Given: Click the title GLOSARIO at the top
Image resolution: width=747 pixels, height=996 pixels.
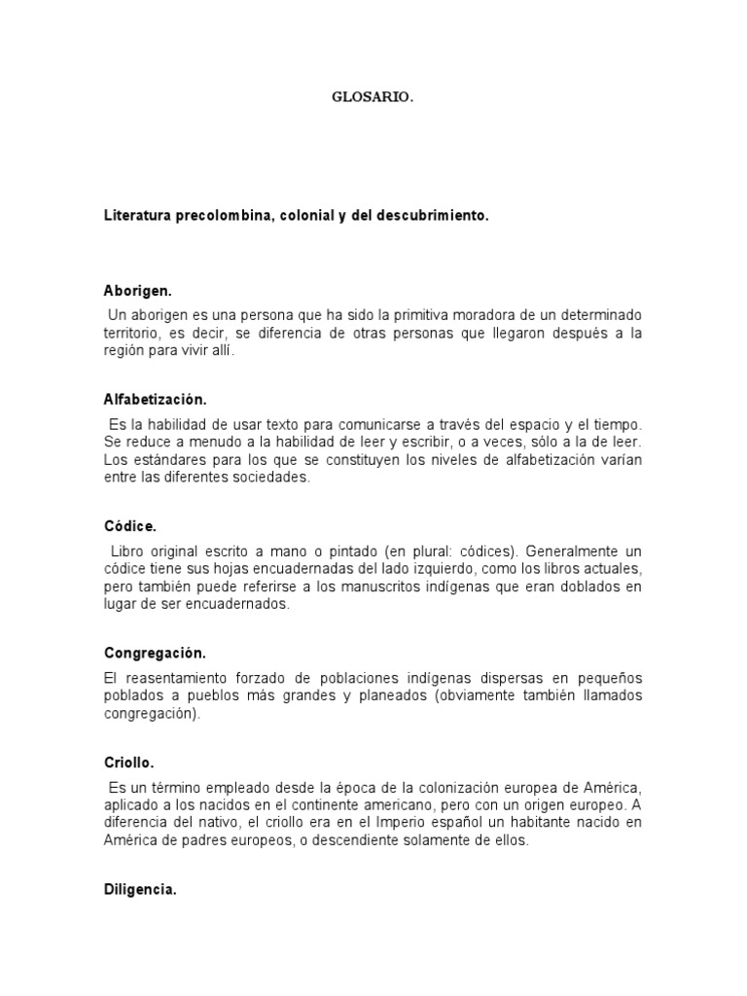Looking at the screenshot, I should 373,97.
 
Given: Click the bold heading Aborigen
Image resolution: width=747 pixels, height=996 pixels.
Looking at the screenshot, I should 137,291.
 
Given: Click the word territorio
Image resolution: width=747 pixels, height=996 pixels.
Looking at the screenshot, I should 132,334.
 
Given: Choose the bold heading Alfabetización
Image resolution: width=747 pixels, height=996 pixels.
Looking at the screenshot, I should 155,400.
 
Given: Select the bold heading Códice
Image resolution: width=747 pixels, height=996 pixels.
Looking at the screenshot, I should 129,526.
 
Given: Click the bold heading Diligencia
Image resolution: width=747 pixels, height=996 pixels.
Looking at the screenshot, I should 140,889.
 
